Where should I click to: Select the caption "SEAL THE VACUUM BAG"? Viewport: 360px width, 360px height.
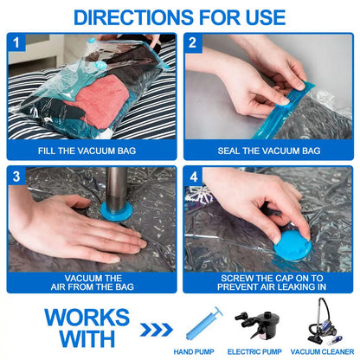[268, 151]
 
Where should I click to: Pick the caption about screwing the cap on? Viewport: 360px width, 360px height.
[268, 282]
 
